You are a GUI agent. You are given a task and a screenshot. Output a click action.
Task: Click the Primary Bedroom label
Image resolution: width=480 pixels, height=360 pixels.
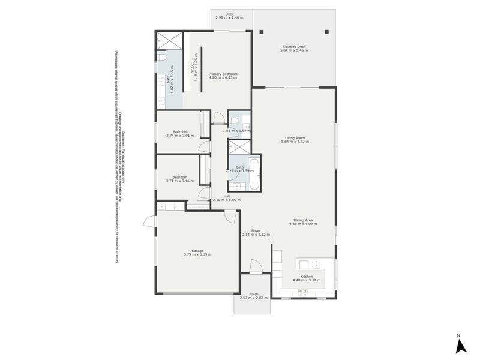[223, 74]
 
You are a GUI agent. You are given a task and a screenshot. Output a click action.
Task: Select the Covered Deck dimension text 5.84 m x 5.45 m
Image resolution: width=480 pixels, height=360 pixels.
[294, 50]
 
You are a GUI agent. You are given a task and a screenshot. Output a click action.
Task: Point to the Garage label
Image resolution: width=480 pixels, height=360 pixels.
[197, 251]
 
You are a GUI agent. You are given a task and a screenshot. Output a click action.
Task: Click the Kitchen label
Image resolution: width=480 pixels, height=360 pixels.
[303, 277]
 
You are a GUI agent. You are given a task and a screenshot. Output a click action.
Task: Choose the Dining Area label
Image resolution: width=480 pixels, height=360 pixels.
[303, 220]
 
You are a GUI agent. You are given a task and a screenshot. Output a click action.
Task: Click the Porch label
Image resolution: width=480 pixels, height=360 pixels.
[253, 294]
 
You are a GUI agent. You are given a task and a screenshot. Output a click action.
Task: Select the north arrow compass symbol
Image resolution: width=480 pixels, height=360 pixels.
[461, 346]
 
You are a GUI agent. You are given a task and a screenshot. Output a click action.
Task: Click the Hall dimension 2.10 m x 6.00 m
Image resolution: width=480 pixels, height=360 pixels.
[226, 200]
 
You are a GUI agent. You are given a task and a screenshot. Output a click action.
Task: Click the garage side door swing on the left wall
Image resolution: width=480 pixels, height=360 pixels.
[148, 223]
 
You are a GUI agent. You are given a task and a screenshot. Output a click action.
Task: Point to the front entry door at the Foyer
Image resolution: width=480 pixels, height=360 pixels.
[255, 266]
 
